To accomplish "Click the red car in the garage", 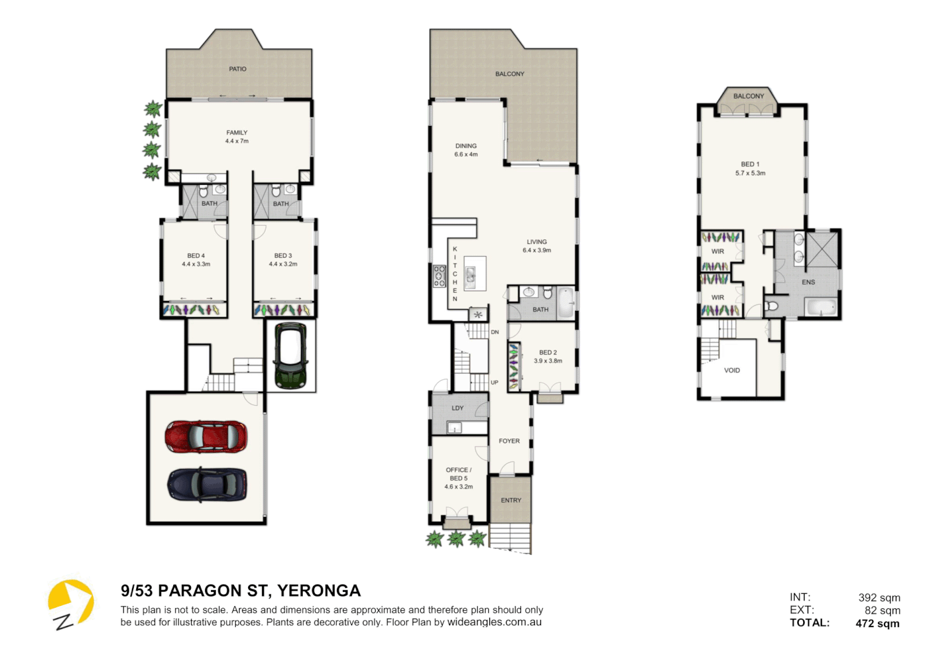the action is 206,437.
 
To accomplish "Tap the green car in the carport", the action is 291,356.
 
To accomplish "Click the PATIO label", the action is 238,69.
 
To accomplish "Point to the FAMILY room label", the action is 237,133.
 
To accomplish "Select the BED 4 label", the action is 196,255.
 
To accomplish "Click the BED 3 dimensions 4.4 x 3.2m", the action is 283,264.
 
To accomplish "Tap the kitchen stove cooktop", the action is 440,276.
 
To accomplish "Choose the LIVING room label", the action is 537,242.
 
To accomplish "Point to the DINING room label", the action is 466,145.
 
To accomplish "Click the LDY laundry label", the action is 457,408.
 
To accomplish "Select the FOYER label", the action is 509,441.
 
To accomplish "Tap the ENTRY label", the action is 511,500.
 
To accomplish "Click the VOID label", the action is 732,370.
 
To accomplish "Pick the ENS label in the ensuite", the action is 808,282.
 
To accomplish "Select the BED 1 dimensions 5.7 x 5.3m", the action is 750,173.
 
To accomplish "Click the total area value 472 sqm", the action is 877,624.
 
